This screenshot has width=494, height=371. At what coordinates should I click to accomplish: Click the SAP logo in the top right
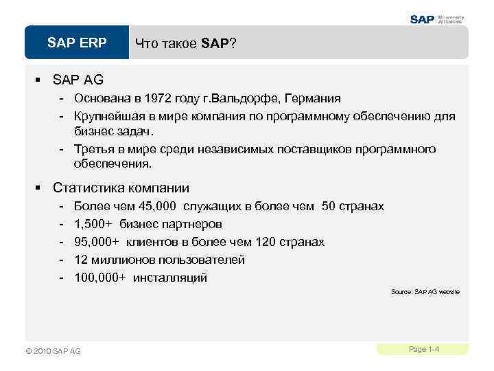pos(423,19)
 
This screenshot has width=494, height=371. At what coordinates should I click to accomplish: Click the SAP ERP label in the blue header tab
pos(77,43)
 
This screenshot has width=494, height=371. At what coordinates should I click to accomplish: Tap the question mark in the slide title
pos(234,44)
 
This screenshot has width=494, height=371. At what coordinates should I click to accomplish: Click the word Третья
pos(95,150)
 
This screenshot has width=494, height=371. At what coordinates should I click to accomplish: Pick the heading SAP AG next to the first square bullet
pos(78,80)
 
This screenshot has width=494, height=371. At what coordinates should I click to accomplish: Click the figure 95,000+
pos(96,242)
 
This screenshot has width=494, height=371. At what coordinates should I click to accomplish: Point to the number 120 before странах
pos(265,242)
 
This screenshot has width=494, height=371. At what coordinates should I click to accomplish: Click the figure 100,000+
pos(99,278)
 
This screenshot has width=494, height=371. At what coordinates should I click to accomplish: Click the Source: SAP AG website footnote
pos(425,292)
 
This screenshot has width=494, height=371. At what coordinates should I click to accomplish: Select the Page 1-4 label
pos(423,349)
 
